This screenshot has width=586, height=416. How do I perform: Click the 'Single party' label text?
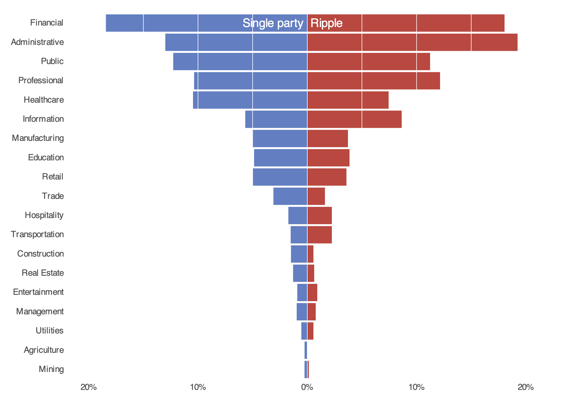(x=273, y=23)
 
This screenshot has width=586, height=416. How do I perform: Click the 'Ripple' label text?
(x=326, y=23)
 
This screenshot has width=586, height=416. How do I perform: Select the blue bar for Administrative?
(x=236, y=42)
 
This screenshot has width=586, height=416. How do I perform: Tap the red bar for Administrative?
(x=412, y=42)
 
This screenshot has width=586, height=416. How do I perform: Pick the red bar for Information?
(x=354, y=119)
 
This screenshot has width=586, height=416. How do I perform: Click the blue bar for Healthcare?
(x=250, y=100)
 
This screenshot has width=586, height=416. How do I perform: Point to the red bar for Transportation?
(x=319, y=235)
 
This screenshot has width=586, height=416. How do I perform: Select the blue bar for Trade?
(x=290, y=196)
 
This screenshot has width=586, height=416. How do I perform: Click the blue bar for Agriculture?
(x=306, y=350)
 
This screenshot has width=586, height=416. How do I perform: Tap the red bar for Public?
(x=368, y=61)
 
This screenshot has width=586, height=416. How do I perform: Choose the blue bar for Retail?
(x=280, y=177)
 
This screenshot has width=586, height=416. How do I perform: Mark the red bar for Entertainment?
(x=312, y=292)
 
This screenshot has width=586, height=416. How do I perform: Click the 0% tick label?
(x=307, y=387)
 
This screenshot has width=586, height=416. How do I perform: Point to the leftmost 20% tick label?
(x=88, y=387)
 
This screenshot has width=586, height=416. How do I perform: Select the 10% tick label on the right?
(x=416, y=387)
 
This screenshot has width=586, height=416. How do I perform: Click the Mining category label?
(x=51, y=369)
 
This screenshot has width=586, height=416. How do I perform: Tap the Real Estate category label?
(x=43, y=273)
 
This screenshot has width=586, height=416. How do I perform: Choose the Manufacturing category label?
(x=38, y=138)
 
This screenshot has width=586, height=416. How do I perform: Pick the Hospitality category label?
(x=44, y=215)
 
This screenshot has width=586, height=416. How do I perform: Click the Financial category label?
(x=47, y=23)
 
